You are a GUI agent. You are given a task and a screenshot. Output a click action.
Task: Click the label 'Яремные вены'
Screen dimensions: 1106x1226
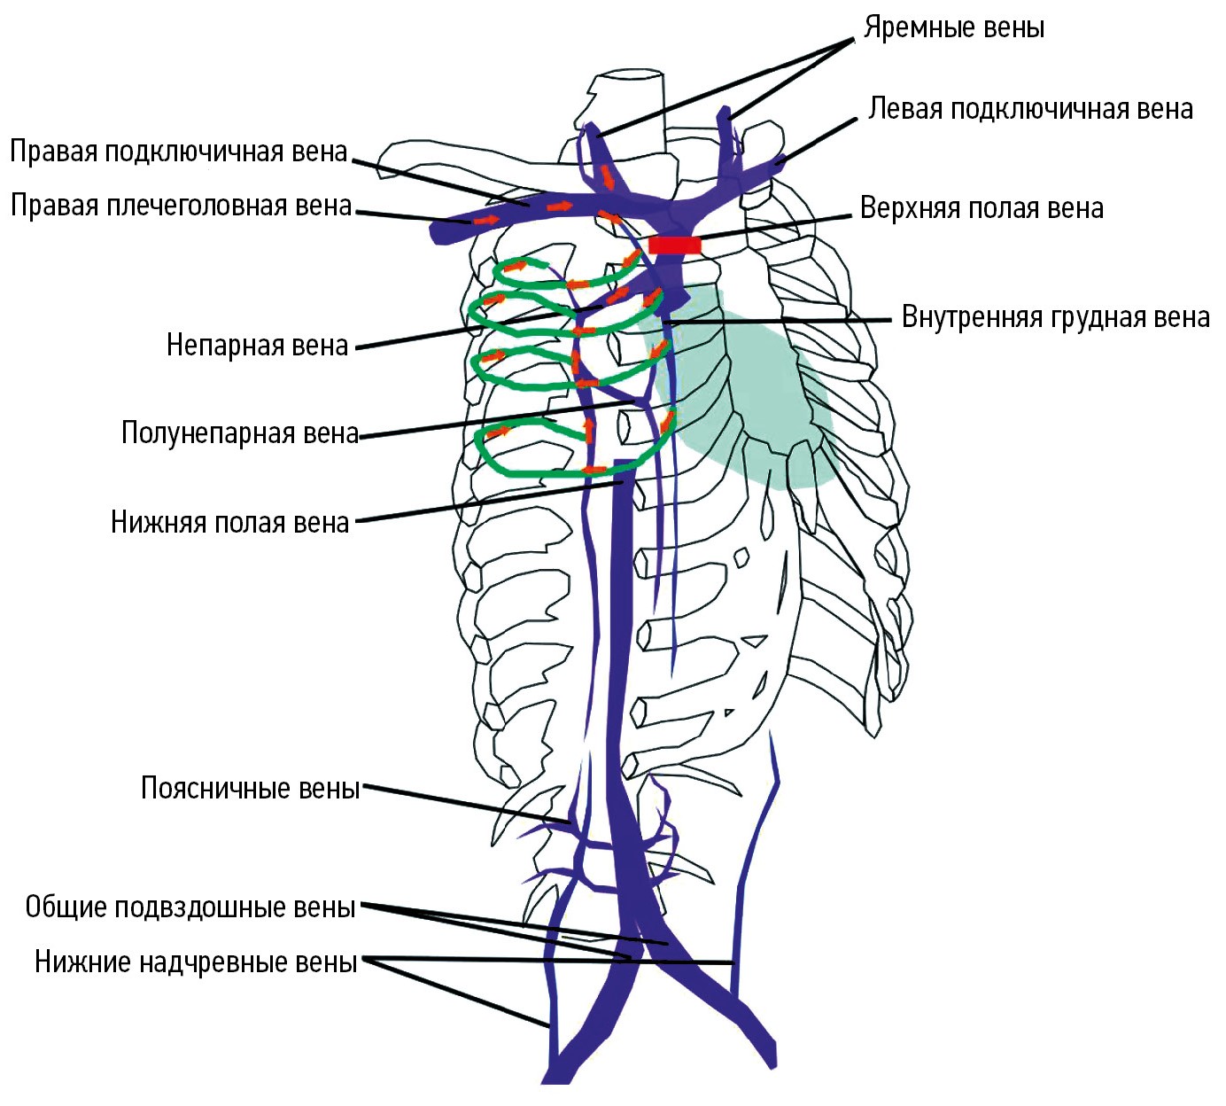(x=954, y=27)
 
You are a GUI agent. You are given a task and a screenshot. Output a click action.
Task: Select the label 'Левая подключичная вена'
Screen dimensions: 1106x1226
(x=1030, y=109)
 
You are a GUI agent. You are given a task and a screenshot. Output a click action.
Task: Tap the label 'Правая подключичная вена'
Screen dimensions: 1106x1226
(x=178, y=152)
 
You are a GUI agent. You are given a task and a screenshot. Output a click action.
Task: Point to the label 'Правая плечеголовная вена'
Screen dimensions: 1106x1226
(x=181, y=206)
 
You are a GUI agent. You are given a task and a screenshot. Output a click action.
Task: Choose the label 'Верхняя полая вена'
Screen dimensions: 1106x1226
(x=982, y=208)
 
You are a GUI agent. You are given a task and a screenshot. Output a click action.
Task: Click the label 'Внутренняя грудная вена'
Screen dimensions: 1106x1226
(x=1055, y=317)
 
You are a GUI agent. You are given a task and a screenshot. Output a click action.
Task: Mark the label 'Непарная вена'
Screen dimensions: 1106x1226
(x=257, y=345)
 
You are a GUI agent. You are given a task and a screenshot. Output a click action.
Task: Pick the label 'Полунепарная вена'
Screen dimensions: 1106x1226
(x=239, y=433)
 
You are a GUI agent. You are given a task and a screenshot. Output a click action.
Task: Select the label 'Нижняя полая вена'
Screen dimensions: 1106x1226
(x=229, y=522)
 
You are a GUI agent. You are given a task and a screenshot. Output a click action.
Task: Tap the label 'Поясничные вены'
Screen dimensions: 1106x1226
(x=250, y=788)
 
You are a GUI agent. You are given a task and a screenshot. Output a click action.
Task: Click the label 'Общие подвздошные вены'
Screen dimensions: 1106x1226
(x=190, y=907)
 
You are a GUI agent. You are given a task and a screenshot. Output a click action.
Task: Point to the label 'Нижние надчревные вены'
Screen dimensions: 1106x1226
(x=196, y=962)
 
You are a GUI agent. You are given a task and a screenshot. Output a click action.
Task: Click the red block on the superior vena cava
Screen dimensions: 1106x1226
(x=675, y=245)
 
